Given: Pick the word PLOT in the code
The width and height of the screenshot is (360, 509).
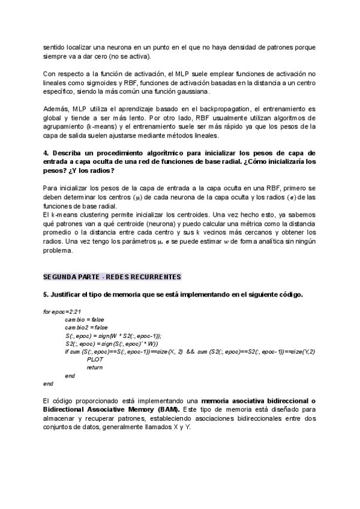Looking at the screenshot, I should click(x=95, y=359).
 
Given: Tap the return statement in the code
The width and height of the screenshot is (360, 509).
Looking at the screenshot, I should click(x=94, y=367).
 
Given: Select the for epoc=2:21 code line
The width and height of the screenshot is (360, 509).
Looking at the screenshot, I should click(x=62, y=312).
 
